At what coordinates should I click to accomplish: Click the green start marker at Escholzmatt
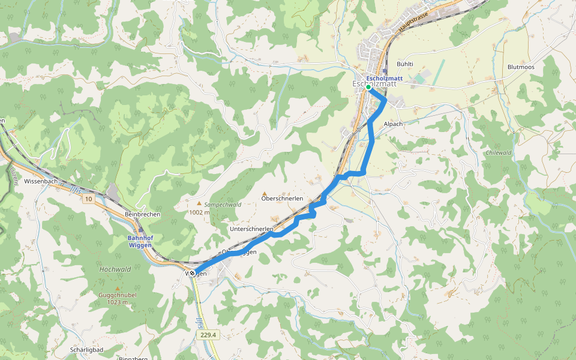pyautogui.click(x=368, y=87)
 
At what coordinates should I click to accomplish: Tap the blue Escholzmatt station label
pyautogui.click(x=384, y=79)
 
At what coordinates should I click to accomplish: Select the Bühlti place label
pyautogui.click(x=406, y=64)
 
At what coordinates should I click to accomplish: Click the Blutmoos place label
pyautogui.click(x=520, y=67)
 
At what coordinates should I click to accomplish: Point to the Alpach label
pyautogui.click(x=393, y=124)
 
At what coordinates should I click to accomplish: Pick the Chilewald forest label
pyautogui.click(x=498, y=153)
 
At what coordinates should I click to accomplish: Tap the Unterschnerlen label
pyautogui.click(x=251, y=229)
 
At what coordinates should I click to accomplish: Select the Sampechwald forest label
pyautogui.click(x=222, y=205)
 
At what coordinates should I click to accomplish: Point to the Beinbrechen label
pyautogui.click(x=142, y=214)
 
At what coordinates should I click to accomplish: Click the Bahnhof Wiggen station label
pyautogui.click(x=140, y=241)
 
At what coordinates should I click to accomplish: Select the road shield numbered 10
pyautogui.click(x=89, y=198)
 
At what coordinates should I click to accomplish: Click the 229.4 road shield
pyautogui.click(x=208, y=335)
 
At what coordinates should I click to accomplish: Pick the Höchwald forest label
pyautogui.click(x=115, y=269)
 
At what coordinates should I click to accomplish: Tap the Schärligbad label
pyautogui.click(x=88, y=349)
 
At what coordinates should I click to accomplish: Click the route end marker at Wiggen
pyautogui.click(x=193, y=273)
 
